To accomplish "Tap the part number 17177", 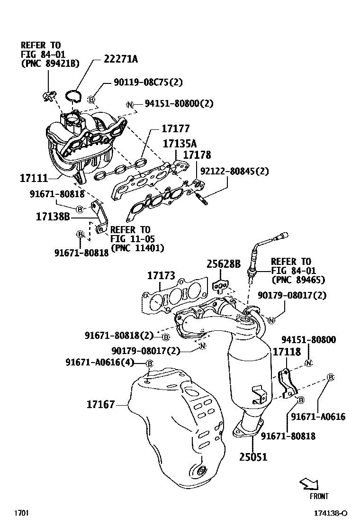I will (175, 129).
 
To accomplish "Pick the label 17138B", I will (53, 218).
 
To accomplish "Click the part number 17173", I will (161, 275).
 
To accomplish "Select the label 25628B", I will (223, 264).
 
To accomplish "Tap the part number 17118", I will (287, 352).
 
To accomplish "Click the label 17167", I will (100, 405).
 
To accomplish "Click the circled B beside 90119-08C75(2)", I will (91, 100).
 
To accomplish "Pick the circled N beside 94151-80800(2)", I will (130, 104).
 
